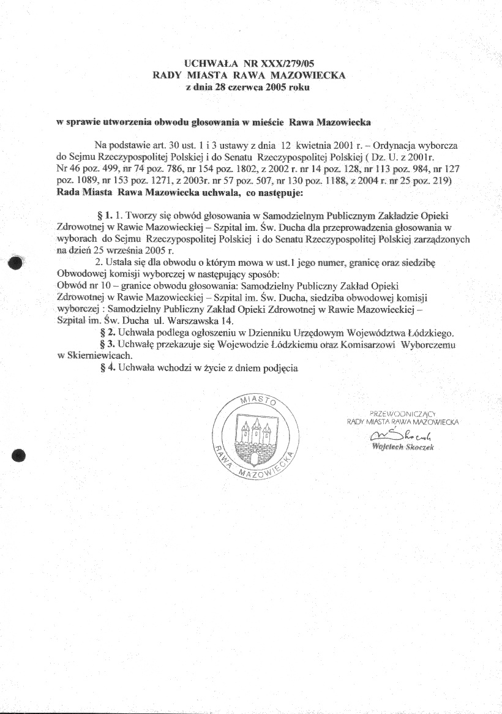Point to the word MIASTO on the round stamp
(257, 402)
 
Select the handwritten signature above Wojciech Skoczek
(398, 435)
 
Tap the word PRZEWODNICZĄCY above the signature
(402, 411)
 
